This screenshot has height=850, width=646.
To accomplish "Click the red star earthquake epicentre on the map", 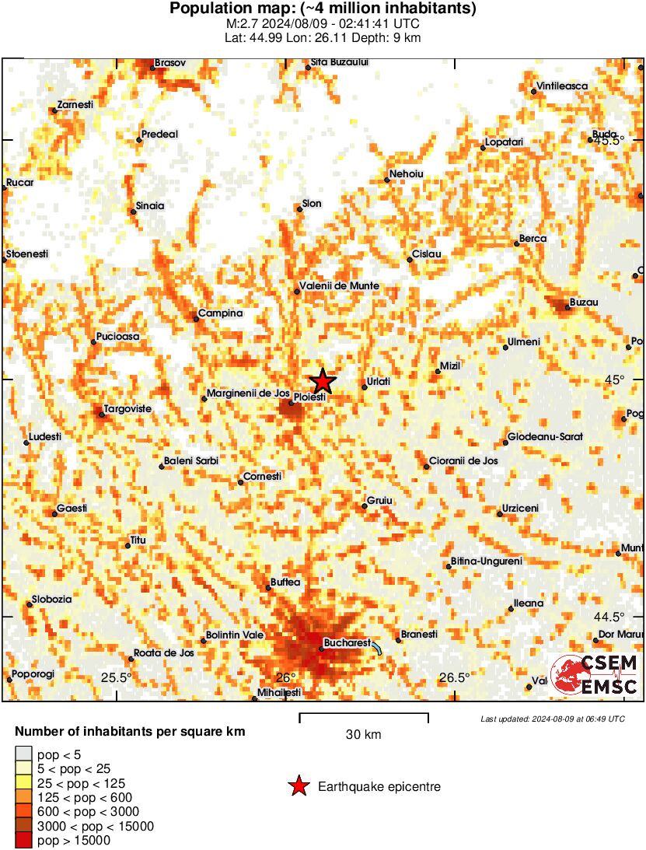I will [323, 381].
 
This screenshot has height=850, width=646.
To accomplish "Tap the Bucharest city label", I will [347, 643].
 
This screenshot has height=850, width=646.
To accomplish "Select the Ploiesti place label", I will [309, 397].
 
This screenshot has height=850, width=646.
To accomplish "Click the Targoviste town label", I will [129, 408].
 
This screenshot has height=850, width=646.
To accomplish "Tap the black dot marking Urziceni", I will [500, 513].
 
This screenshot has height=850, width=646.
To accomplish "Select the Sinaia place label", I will [150, 206].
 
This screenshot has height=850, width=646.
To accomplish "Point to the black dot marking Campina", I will [196, 319].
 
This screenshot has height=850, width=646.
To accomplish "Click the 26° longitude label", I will [287, 677].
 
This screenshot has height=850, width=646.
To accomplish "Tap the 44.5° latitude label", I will [609, 617].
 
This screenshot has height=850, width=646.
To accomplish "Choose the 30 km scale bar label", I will [363, 735].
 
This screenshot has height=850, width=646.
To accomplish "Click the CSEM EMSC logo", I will [594, 674].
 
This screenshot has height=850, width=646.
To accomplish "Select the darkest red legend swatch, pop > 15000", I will [23, 840].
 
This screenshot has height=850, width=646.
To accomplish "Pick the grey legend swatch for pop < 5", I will [23, 754].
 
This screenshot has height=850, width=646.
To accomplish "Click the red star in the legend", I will [298, 787].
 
